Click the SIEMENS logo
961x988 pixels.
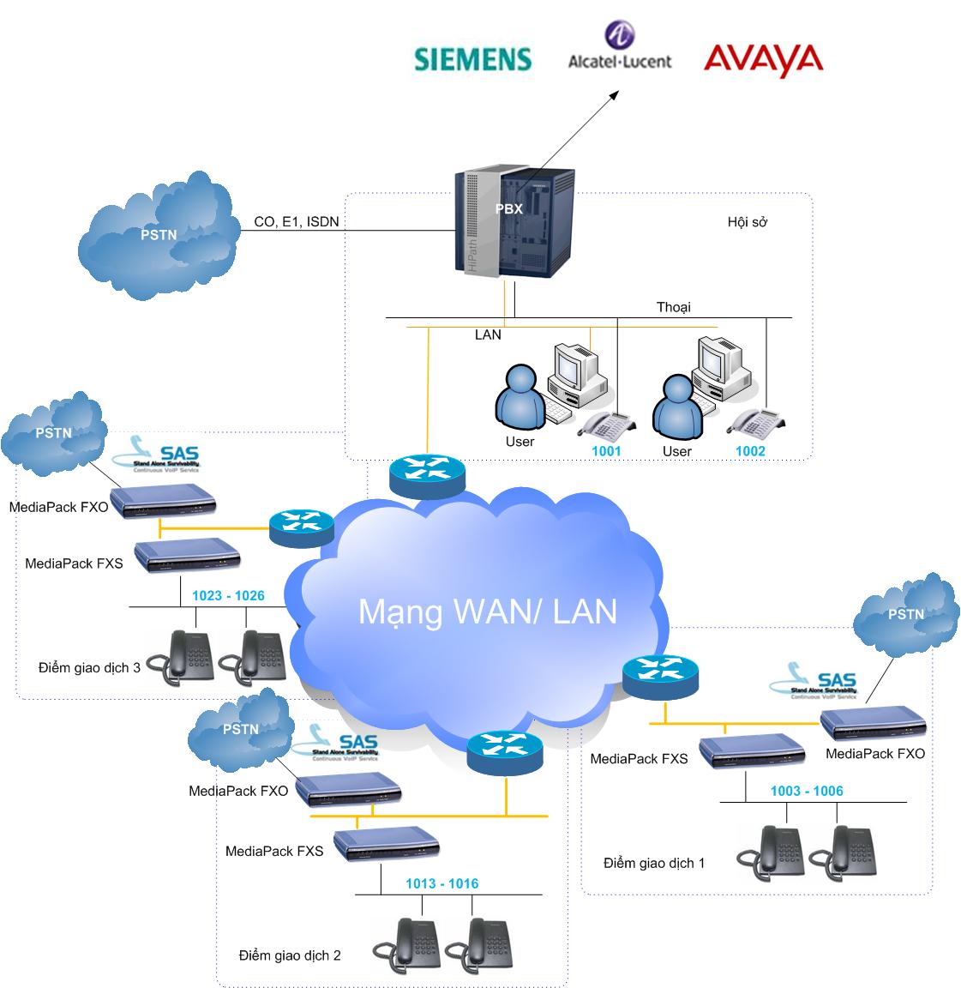[473, 58]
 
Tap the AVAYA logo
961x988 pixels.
[762, 59]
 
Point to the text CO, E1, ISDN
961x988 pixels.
[297, 221]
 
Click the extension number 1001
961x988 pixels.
[606, 450]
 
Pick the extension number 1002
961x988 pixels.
[750, 450]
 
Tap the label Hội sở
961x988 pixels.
[747, 222]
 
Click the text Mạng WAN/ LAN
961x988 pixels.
[487, 611]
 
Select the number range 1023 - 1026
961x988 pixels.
[228, 595]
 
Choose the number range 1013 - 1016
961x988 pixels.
[441, 883]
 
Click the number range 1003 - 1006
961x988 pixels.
[807, 791]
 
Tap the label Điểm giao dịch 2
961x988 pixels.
[290, 955]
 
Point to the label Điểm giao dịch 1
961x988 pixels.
[653, 863]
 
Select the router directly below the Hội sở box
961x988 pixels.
[427, 474]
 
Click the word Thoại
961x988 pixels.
[673, 307]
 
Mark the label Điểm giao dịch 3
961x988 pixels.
[89, 667]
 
